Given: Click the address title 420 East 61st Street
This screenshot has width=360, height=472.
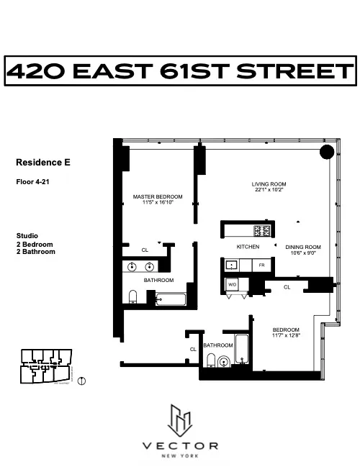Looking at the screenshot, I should [x=180, y=72].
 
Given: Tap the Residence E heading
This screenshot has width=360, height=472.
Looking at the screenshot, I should [x=43, y=163].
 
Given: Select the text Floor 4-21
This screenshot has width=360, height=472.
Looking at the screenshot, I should [x=33, y=182].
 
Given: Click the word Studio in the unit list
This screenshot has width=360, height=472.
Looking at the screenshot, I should [x=27, y=236].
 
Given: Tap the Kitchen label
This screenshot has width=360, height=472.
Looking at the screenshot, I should [x=248, y=247].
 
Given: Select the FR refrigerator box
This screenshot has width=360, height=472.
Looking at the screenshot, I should [x=262, y=265].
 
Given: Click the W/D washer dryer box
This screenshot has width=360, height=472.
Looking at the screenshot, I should [x=233, y=285].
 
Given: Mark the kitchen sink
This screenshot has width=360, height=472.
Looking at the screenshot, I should [x=232, y=265].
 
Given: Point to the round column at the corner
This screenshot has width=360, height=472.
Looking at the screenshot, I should [x=325, y=152].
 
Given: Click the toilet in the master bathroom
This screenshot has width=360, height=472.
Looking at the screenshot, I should [x=133, y=296].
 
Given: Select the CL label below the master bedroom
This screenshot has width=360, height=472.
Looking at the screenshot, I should [x=145, y=250].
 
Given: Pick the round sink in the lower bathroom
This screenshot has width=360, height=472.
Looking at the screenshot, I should [x=223, y=362].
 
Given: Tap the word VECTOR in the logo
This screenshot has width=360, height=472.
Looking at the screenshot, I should [x=180, y=445].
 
